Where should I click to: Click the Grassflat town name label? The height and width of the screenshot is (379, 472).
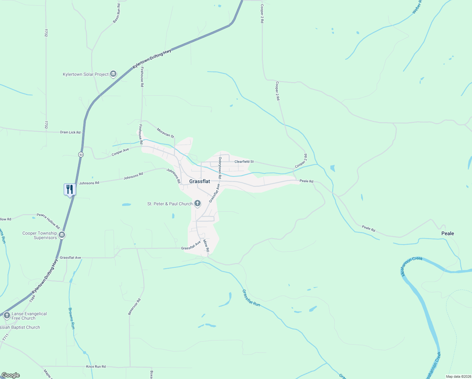[x=199, y=181]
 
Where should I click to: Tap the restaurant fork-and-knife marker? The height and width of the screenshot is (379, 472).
[x=70, y=189]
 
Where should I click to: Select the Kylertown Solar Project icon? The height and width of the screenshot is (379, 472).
[x=113, y=74]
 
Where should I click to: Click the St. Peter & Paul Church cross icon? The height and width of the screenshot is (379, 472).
[x=198, y=203]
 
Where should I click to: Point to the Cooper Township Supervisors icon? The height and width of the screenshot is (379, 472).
[x=62, y=235]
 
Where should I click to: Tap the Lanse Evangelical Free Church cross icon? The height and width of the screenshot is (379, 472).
[x=7, y=316]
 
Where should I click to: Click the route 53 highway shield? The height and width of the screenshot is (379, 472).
[x=81, y=154]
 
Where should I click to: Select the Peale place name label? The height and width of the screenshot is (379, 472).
[x=447, y=233]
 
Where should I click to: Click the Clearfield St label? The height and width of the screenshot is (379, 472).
[x=244, y=162]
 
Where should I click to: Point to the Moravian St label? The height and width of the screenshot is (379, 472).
[x=165, y=133]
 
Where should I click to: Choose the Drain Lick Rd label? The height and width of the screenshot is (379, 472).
[x=70, y=132]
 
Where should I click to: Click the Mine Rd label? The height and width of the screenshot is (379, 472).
[x=206, y=245]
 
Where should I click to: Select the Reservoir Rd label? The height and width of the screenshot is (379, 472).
[x=134, y=307]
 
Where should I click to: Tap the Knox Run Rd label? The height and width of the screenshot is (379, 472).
[x=96, y=367]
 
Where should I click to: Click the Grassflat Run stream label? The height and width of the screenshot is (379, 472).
[x=251, y=298]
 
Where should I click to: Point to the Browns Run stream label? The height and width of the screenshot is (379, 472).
[x=72, y=318]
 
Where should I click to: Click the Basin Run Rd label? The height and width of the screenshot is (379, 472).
[x=117, y=13]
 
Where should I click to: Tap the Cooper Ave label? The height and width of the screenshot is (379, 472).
[x=120, y=152]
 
